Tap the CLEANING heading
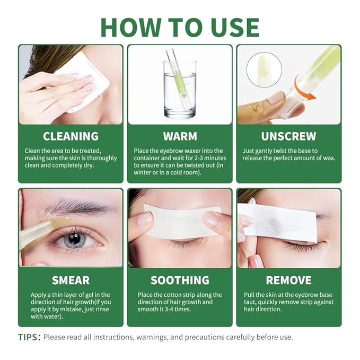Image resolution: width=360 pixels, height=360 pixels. (71, 136)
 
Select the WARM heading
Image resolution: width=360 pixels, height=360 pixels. (180, 136)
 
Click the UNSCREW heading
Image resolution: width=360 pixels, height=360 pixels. (288, 136)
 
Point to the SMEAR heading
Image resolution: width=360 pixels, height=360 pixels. (71, 280)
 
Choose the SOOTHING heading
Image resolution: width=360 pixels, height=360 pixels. (180, 280)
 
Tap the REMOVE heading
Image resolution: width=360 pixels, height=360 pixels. (288, 280)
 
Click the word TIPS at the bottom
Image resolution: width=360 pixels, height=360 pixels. (29, 337)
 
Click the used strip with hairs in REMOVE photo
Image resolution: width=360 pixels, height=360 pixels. (284, 222)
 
